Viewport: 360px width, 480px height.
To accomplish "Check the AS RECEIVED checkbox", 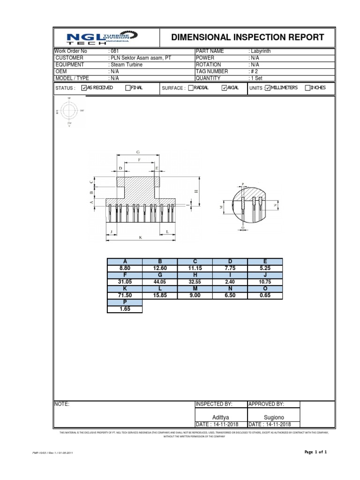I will coord(84,88).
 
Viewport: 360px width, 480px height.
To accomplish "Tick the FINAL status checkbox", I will coord(127,88).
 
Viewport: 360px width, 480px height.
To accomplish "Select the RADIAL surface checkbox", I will coord(190,88).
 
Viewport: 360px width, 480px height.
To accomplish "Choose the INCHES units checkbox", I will coord(307,88).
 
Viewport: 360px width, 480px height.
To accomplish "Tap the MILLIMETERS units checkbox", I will coord(268,88).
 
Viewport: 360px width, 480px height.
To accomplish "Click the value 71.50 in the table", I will coord(125,296).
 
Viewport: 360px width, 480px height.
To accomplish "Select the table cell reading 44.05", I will coord(159,282).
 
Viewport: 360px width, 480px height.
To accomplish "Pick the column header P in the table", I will coord(125,303).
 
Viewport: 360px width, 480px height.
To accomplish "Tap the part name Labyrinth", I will coord(261,51).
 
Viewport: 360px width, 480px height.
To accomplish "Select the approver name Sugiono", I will coord(273,416).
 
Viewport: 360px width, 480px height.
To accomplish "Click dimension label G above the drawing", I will coord(138,152).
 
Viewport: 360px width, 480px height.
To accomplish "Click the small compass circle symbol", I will coord(69,111).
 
